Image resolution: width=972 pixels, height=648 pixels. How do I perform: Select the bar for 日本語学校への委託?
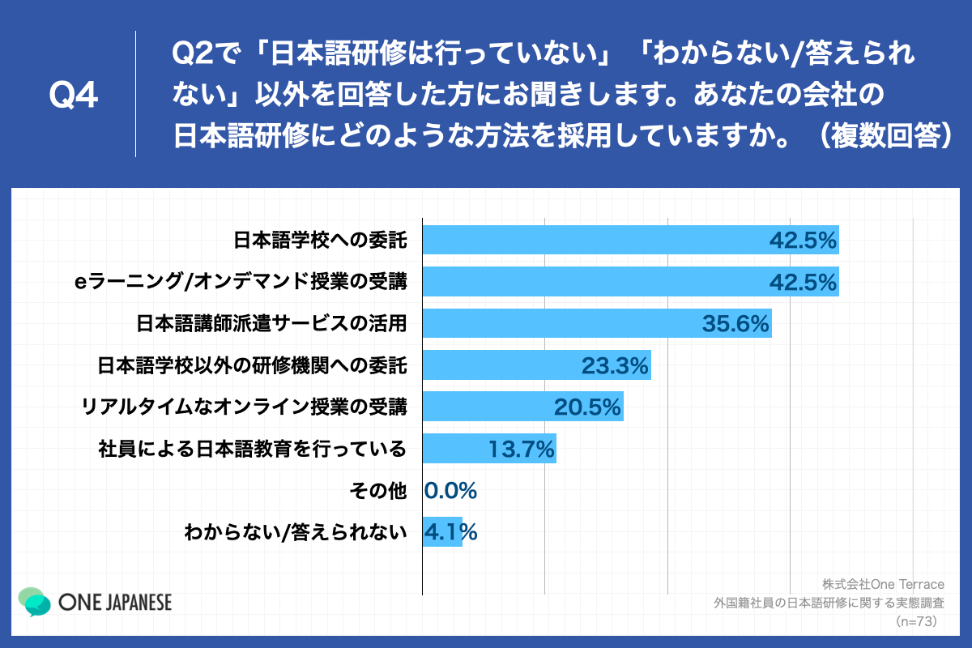630,240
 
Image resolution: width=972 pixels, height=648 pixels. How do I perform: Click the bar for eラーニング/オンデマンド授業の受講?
630,281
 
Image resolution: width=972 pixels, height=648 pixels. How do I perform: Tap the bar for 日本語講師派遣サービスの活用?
597,323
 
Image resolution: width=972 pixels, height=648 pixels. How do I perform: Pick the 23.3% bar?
536,365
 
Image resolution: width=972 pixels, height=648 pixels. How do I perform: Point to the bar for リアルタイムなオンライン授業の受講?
522,407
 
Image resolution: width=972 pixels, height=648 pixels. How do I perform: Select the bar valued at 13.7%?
489,448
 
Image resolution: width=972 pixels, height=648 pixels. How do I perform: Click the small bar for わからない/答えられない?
442,531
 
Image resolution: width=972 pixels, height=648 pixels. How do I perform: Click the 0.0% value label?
451,490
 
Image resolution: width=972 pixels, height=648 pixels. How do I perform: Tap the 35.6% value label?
735,324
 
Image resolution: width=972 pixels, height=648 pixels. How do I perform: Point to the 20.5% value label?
588,407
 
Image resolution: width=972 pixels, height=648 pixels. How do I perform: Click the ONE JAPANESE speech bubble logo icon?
35,602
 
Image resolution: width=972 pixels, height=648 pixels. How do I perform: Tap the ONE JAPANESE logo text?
115,603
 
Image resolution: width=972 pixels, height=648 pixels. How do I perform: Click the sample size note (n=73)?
916,621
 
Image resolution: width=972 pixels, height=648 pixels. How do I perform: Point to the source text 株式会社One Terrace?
879,584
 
